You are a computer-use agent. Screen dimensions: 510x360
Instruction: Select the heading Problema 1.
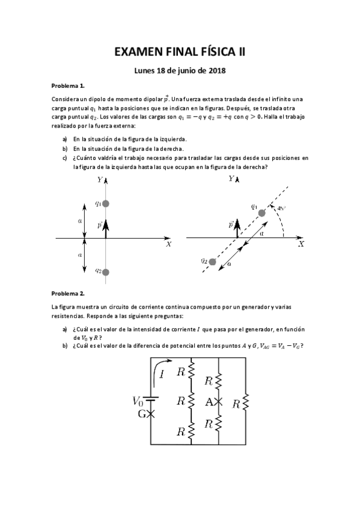point(68,86)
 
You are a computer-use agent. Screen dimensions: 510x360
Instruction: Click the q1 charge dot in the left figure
point(106,204)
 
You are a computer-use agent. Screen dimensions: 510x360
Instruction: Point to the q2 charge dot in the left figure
point(106,272)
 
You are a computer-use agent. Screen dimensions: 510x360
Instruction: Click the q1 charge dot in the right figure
point(261,213)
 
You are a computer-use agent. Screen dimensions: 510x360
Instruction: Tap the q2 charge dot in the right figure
point(212,261)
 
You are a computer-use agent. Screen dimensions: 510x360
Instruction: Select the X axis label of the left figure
point(169,244)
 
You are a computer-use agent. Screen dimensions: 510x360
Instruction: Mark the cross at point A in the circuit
point(219,401)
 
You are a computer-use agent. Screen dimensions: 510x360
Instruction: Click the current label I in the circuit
point(163,375)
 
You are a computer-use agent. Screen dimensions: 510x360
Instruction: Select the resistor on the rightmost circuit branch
point(246,401)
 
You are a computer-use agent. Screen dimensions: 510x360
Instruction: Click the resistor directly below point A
point(219,423)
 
